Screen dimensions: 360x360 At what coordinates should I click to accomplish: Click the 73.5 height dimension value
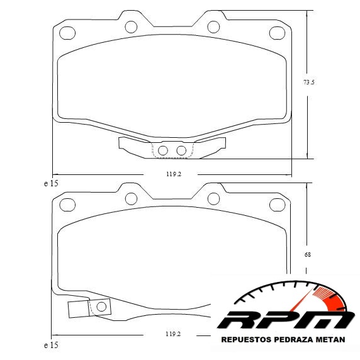point(309,82)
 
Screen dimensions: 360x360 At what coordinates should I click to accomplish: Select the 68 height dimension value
point(307,255)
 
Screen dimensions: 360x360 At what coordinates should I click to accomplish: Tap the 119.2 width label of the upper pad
point(174,174)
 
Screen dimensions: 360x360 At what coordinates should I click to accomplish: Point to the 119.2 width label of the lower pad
point(173,334)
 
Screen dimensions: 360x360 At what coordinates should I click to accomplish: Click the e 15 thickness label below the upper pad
point(51,184)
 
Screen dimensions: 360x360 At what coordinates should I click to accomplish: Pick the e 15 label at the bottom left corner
point(51,346)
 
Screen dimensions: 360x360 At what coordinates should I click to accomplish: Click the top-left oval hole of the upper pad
point(67,33)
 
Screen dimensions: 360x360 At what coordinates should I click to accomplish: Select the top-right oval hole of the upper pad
point(277,33)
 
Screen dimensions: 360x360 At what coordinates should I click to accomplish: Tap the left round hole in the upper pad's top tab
point(131,26)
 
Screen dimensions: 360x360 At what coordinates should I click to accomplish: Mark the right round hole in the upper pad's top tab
point(213,26)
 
